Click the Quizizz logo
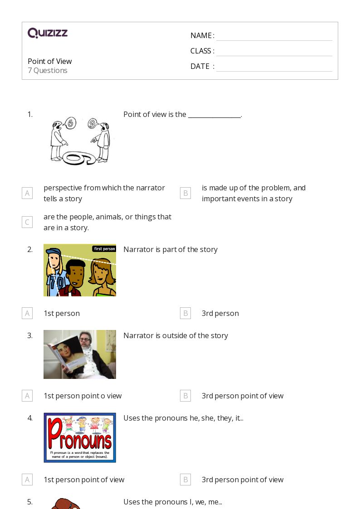(48, 33)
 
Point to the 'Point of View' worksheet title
(49, 61)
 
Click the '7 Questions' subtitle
(48, 70)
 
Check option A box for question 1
(27, 193)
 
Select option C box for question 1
(27, 222)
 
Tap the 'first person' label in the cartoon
(104, 248)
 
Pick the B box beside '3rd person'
(185, 313)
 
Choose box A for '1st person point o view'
(27, 396)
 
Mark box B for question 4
(185, 480)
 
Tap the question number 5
(30, 502)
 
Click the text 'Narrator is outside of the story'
(175, 335)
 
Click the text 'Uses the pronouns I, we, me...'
(172, 502)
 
